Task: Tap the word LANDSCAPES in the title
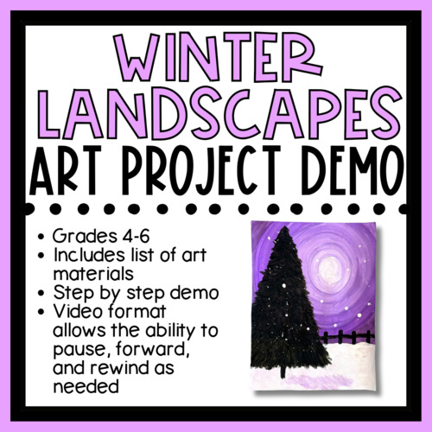(x=215, y=114)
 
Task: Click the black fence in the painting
(x=355, y=336)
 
